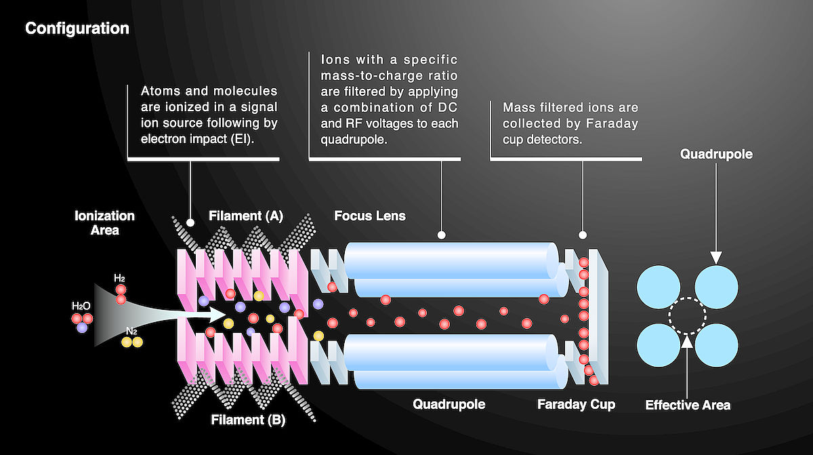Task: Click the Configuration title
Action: click(77, 28)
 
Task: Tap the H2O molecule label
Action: click(81, 306)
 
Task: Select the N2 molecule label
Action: click(131, 331)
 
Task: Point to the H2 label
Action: click(119, 279)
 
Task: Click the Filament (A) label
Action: click(245, 216)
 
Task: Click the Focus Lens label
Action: click(370, 216)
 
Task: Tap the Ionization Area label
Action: click(104, 223)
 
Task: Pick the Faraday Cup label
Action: click(576, 405)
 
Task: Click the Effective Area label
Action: click(688, 405)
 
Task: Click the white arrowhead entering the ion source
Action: click(218, 314)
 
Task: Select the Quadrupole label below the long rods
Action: click(449, 405)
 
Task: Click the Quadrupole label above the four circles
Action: click(716, 155)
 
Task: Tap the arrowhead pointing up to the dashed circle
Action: click(688, 341)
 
